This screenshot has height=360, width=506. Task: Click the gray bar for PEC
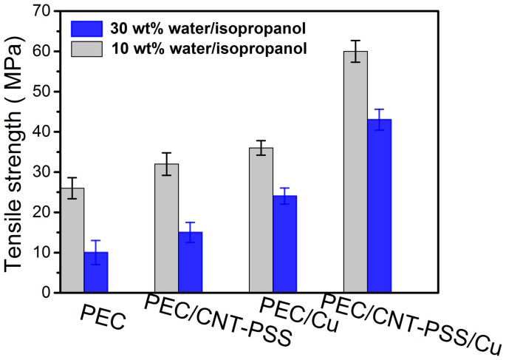click(72, 240)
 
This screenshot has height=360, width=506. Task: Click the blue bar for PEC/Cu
click(284, 244)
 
